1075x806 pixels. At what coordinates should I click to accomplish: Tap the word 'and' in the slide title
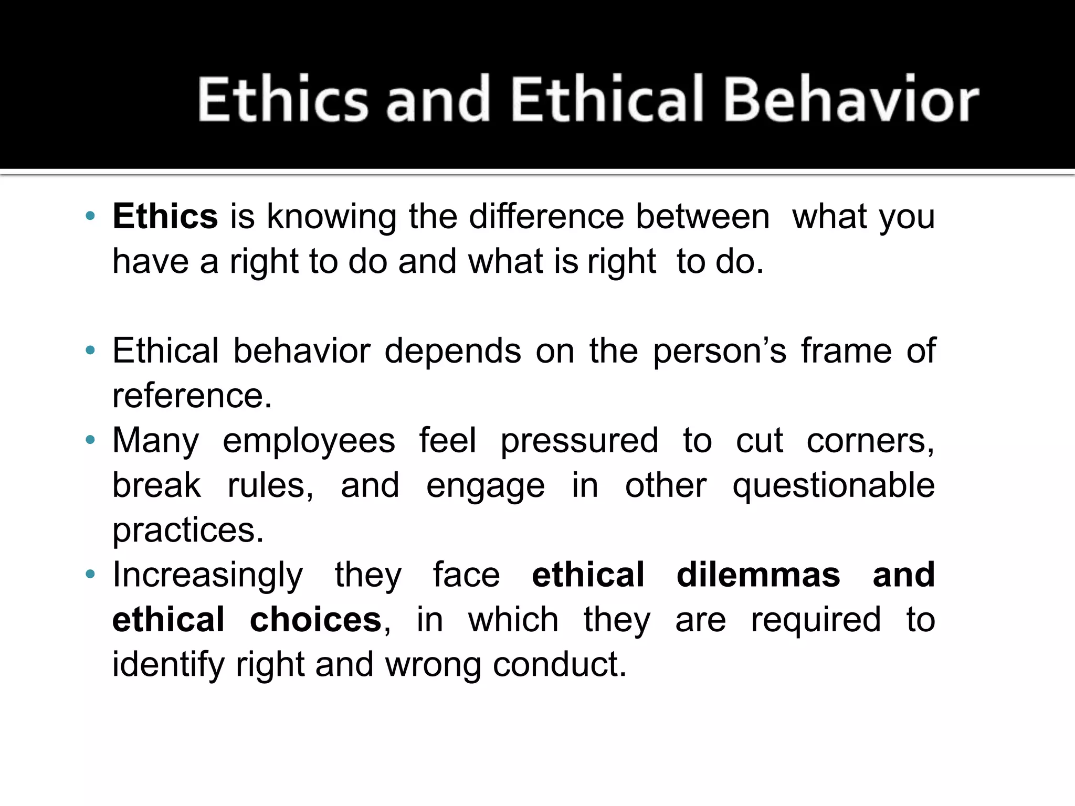[438, 99]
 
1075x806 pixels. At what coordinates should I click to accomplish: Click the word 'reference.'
[192, 396]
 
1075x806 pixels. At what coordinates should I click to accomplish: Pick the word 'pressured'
[579, 441]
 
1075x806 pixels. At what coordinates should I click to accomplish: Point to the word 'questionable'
[834, 486]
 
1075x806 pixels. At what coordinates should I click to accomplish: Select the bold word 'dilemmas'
[758, 575]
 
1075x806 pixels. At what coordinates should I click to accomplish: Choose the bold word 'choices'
[315, 620]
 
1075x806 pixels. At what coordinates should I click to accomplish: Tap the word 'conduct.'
[560, 664]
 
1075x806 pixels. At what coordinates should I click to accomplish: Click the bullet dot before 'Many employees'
[90, 440]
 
